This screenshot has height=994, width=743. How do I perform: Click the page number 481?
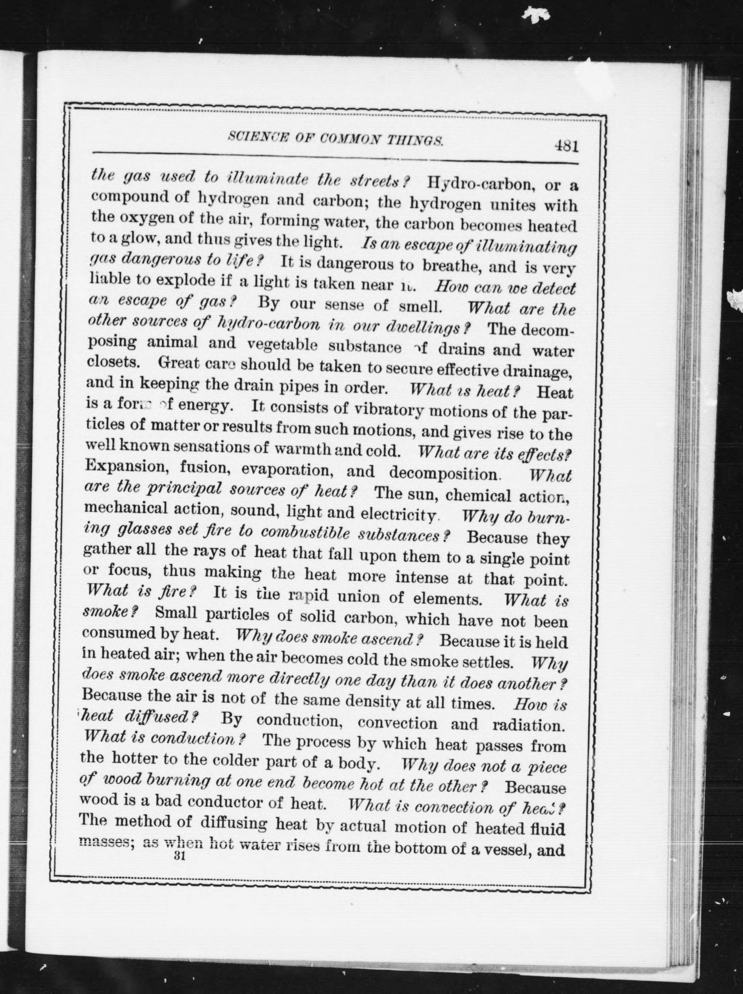pyautogui.click(x=566, y=146)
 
